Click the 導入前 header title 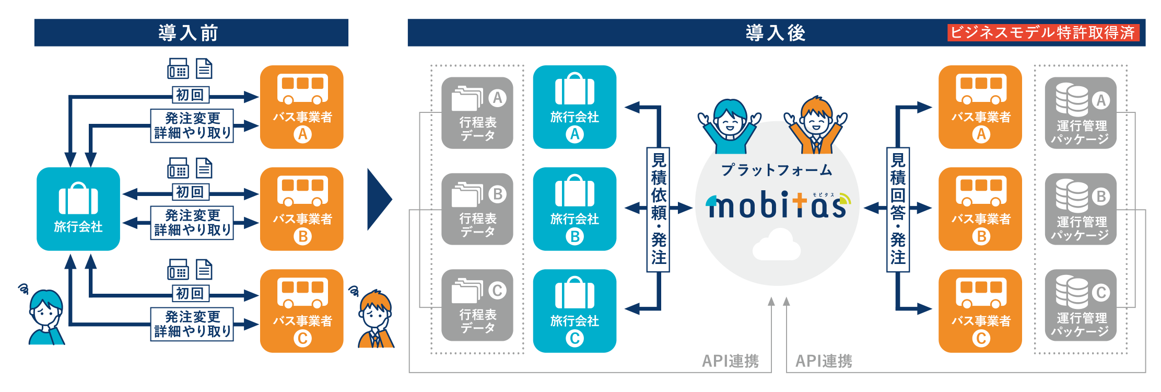[x=189, y=33]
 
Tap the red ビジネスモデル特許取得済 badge [x=1043, y=33]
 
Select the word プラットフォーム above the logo [x=777, y=170]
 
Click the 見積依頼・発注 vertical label [x=659, y=210]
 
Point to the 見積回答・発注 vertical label [x=898, y=210]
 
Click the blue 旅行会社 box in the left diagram [x=78, y=209]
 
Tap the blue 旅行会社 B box [x=574, y=209]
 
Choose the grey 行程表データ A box [x=477, y=113]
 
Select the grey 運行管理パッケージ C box [x=1081, y=305]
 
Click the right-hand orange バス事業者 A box [x=980, y=107]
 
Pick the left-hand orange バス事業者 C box [x=302, y=310]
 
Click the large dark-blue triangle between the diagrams [x=379, y=199]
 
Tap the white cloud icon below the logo [x=777, y=245]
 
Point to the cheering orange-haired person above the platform [x=816, y=125]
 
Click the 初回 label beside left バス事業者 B [x=191, y=192]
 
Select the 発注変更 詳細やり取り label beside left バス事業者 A [x=192, y=125]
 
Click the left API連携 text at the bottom [x=730, y=361]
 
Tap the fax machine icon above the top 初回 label [x=178, y=68]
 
